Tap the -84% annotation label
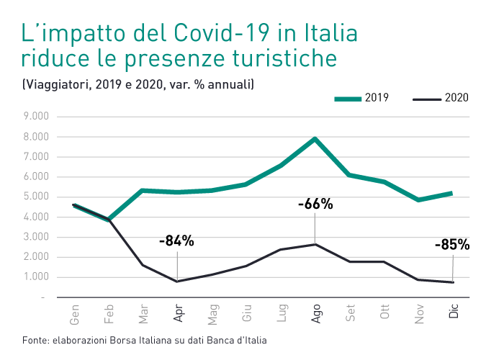(x=176, y=240)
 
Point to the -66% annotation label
(x=315, y=204)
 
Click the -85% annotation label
(x=452, y=245)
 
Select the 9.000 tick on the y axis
(x=35, y=116)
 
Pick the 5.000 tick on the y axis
(x=35, y=197)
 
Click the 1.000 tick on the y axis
(x=35, y=277)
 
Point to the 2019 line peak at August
(x=315, y=138)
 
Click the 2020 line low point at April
(x=178, y=281)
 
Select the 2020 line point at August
(x=315, y=244)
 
